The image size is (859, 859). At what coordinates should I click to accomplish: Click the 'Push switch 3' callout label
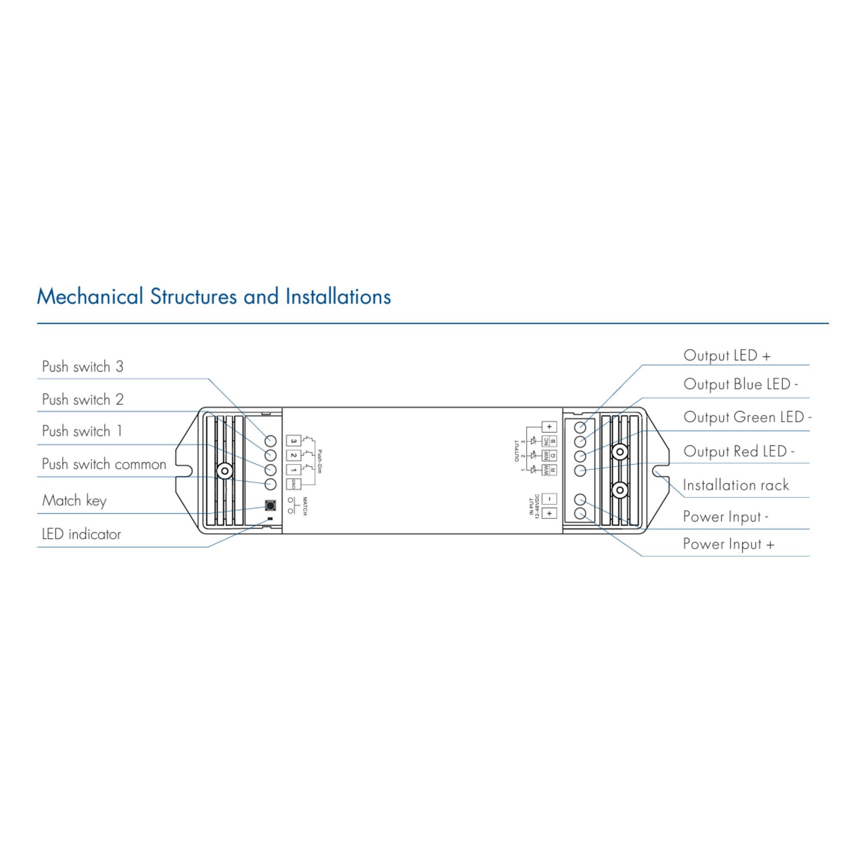[82, 367]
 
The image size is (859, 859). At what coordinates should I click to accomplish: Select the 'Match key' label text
[74, 501]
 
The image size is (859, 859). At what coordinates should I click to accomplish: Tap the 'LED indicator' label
[81, 534]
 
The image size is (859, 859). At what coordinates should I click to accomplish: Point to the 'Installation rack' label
[736, 485]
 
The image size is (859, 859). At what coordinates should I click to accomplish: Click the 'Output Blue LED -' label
[741, 384]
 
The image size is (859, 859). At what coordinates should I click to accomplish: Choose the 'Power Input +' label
[729, 544]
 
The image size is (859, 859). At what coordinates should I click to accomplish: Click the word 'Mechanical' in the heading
[90, 296]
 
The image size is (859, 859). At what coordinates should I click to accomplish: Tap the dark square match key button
[270, 506]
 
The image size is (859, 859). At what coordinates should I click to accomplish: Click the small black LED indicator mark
[269, 519]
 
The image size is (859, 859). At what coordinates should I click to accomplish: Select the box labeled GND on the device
[293, 484]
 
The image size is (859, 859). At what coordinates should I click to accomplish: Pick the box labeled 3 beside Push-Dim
[293, 441]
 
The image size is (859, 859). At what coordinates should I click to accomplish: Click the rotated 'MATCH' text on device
[305, 506]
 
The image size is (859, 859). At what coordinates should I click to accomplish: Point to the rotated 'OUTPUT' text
[517, 451]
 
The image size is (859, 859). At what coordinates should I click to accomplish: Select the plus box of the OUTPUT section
[550, 427]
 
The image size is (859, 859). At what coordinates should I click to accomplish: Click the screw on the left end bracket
[225, 470]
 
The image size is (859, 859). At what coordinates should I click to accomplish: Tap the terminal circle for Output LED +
[580, 427]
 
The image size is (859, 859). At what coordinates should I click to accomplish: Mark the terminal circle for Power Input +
[580, 514]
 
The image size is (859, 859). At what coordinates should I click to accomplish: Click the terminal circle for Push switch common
[270, 484]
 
